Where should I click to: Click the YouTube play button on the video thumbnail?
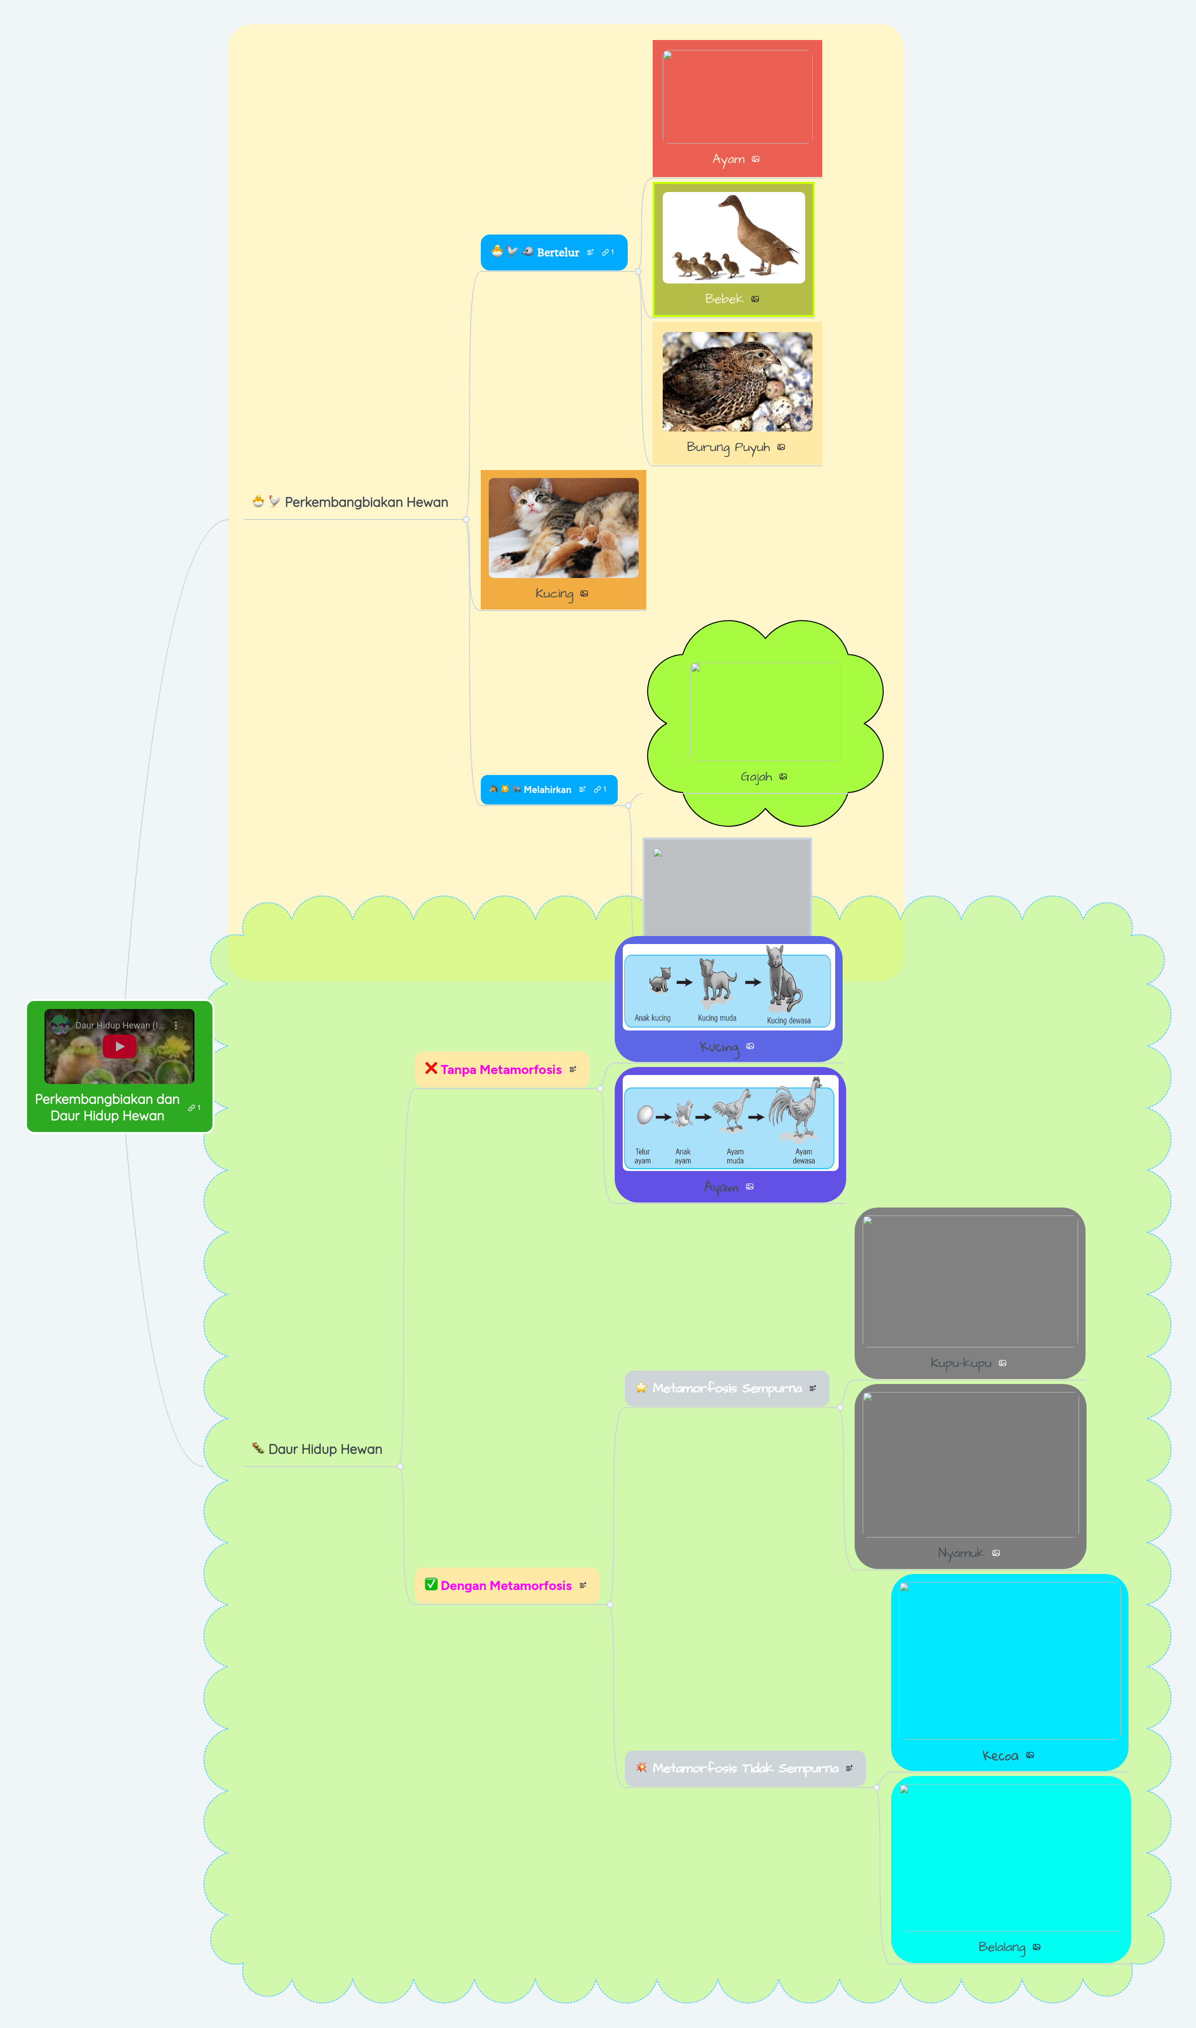pyautogui.click(x=119, y=1046)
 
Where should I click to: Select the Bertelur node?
pyautogui.click(x=558, y=252)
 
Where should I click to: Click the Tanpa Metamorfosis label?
pyautogui.click(x=500, y=1069)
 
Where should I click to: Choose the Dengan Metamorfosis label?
pyautogui.click(x=506, y=1585)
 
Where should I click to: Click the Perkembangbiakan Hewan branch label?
pyautogui.click(x=366, y=502)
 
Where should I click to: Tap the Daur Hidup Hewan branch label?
pyautogui.click(x=325, y=1449)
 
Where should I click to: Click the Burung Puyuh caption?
pyautogui.click(x=728, y=447)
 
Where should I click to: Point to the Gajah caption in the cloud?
pyautogui.click(x=756, y=777)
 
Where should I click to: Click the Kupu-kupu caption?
pyautogui.click(x=961, y=1363)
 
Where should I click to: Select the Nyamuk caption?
pyautogui.click(x=961, y=1553)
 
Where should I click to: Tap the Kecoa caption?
pyautogui.click(x=1000, y=1755)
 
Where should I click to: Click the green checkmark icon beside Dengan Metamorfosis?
pyautogui.click(x=431, y=1584)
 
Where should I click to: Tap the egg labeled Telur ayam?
pyautogui.click(x=645, y=1115)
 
